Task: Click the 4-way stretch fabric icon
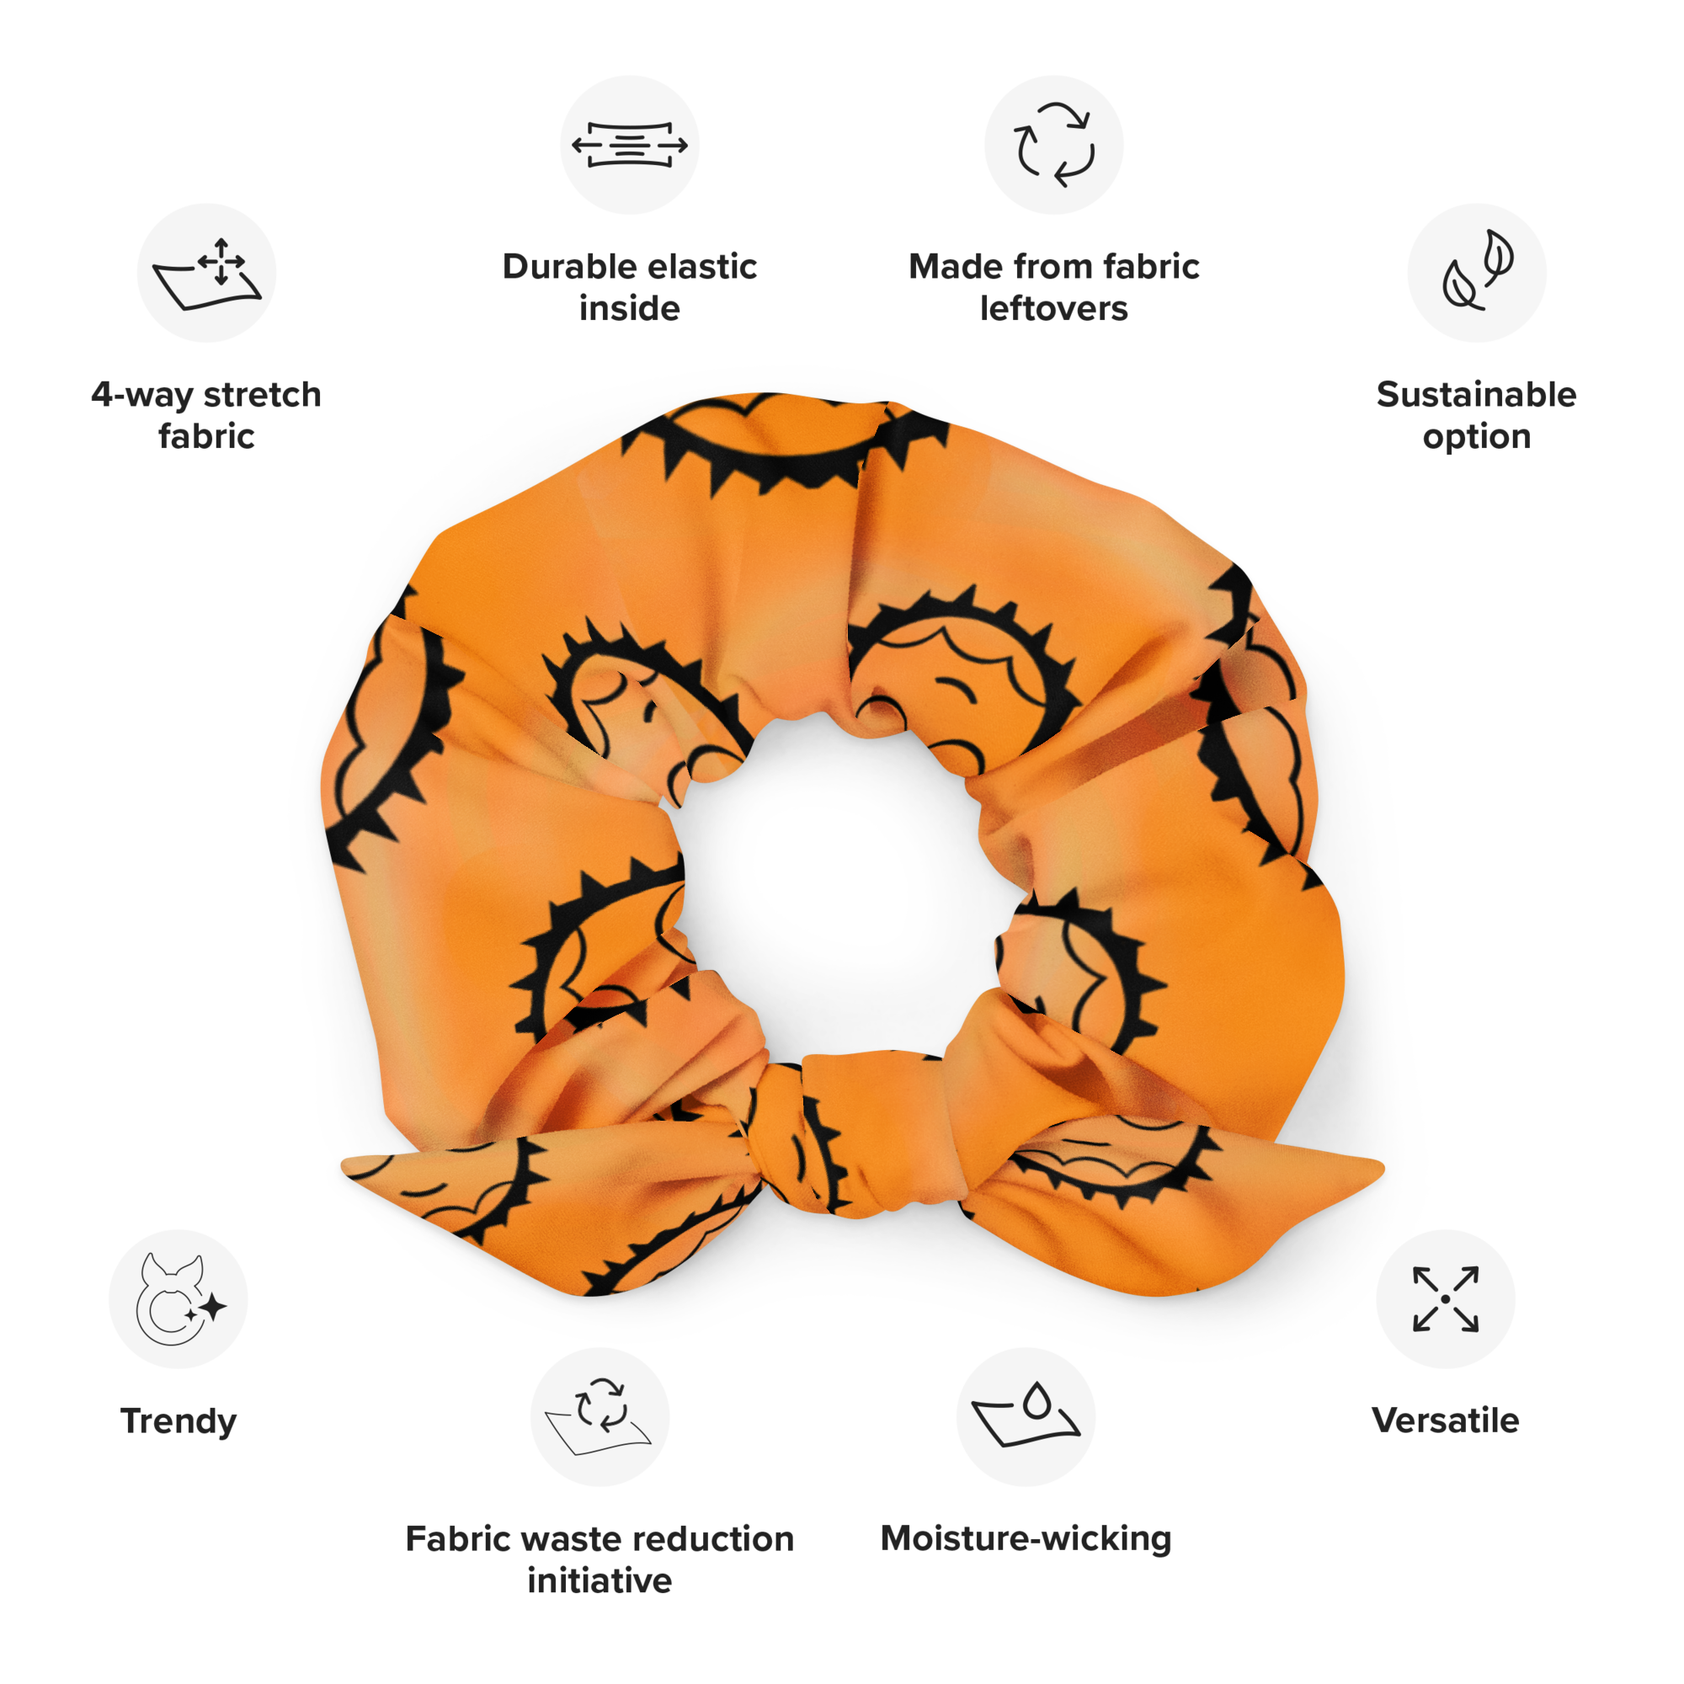[206, 273]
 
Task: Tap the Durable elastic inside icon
[629, 145]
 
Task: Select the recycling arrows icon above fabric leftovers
[1054, 145]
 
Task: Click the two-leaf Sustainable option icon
[1477, 273]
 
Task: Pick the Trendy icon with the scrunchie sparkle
[179, 1298]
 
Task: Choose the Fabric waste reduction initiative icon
[600, 1416]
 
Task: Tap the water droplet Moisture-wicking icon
[1025, 1416]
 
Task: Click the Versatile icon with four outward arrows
[1446, 1298]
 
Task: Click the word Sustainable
[1477, 395]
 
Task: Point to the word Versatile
[1446, 1420]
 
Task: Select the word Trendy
[179, 1421]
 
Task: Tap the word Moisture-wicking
[1026, 1538]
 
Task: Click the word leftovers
[1054, 308]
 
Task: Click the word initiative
[600, 1580]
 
